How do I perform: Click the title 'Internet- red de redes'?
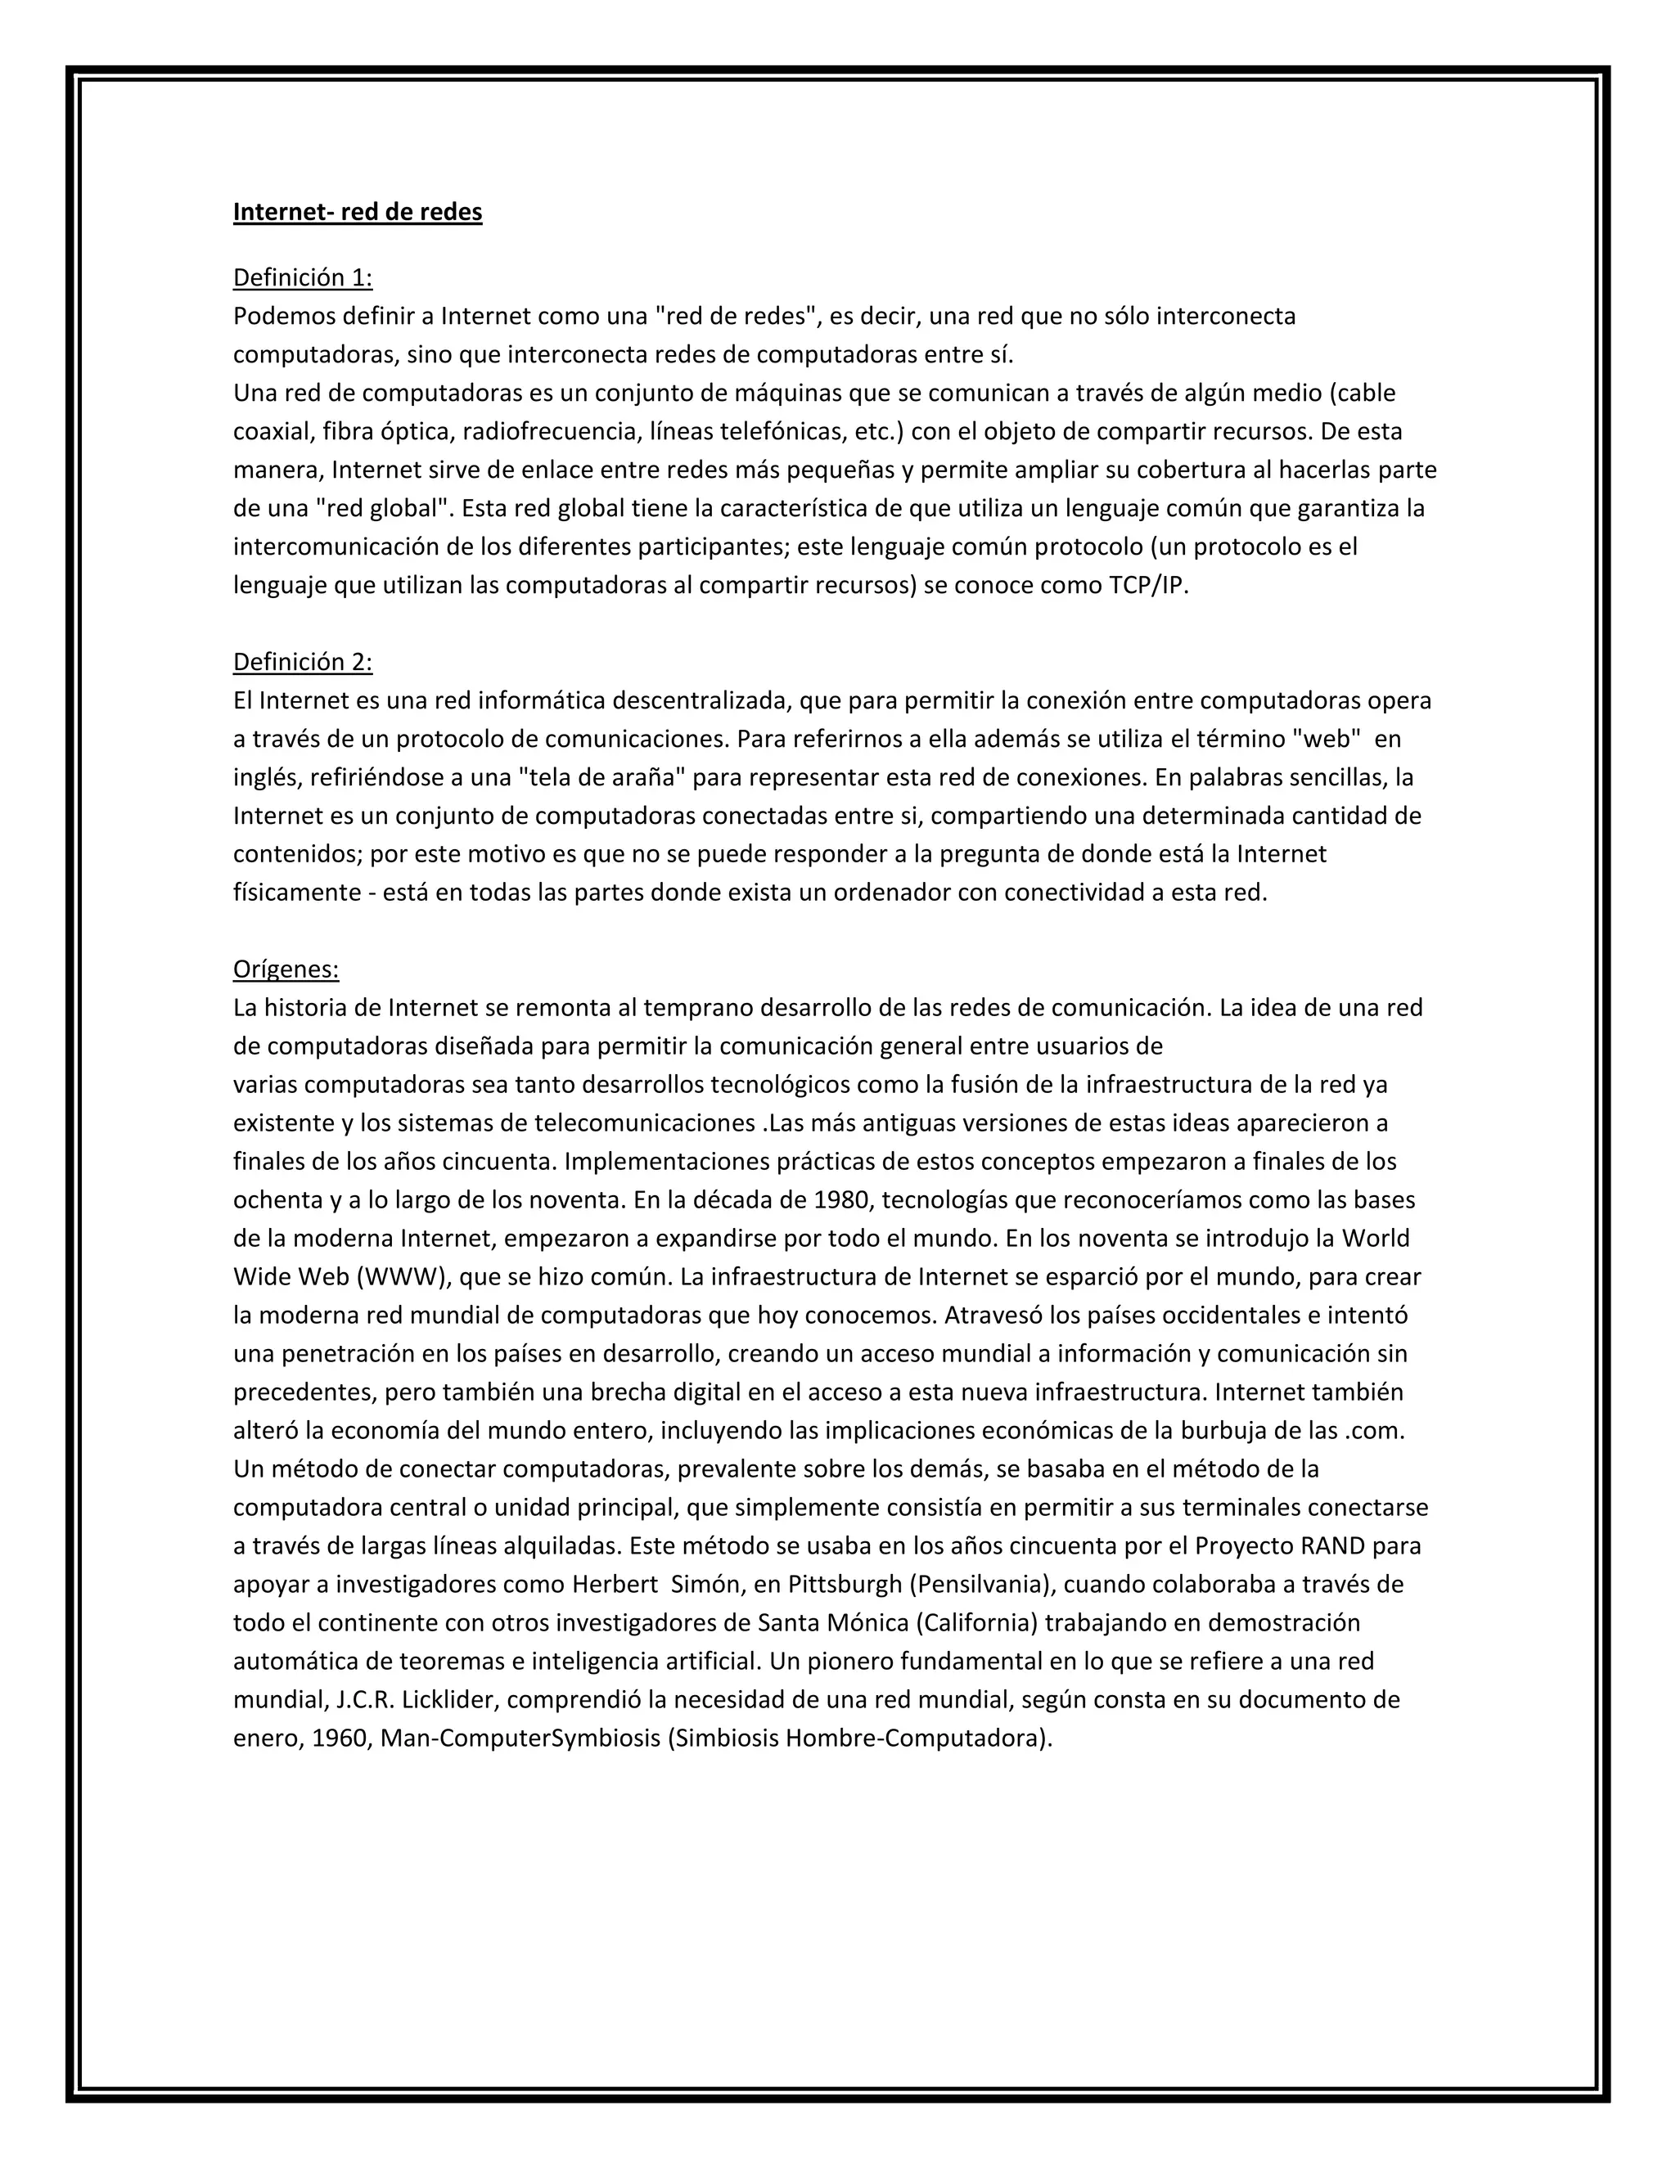pos(358,213)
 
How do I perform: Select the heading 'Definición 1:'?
pos(303,278)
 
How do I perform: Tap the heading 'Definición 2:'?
pos(303,662)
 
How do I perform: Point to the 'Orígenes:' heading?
pos(286,969)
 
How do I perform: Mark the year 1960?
pos(340,1738)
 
